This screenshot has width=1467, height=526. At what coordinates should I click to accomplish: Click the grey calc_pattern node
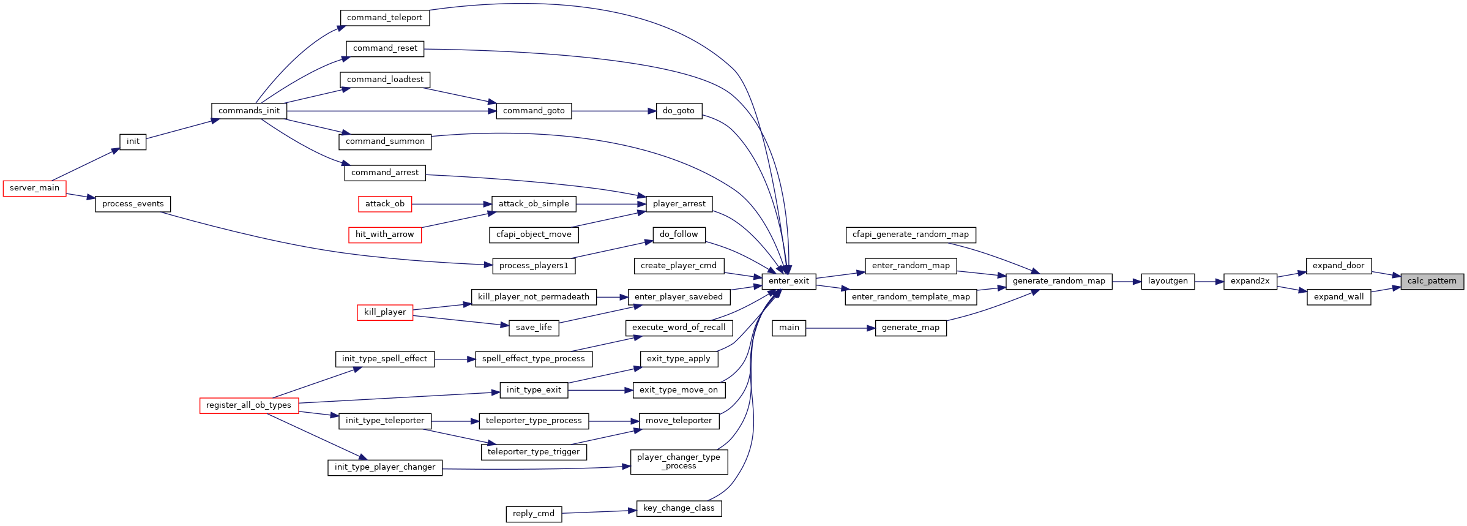(x=1432, y=281)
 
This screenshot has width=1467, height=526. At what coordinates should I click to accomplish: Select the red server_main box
(x=34, y=188)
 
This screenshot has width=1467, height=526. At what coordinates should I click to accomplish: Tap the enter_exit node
(x=788, y=281)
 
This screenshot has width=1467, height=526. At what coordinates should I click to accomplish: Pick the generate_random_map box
(x=1059, y=281)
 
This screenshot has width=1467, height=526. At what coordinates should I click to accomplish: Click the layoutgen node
(x=1168, y=281)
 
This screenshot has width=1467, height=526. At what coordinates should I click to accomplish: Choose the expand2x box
(x=1250, y=281)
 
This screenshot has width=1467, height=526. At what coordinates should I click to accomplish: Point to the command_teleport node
(x=384, y=18)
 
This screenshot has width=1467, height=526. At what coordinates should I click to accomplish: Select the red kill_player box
(x=385, y=312)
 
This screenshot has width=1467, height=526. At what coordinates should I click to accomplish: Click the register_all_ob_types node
(x=249, y=405)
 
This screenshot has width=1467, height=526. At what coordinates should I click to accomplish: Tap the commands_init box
(x=249, y=111)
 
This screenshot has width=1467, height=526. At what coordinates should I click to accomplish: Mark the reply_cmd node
(x=534, y=514)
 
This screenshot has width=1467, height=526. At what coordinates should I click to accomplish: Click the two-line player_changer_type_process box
(x=679, y=462)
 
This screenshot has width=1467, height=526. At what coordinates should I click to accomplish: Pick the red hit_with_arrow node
(x=385, y=235)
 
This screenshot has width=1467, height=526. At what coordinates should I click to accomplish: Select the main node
(x=789, y=328)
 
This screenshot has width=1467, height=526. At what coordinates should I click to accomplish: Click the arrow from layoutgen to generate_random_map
(x=1127, y=282)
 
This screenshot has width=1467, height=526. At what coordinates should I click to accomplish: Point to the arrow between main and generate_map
(x=840, y=328)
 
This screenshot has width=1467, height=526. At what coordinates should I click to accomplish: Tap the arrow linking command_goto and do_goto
(x=614, y=111)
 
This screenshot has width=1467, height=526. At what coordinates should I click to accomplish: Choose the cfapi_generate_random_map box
(x=911, y=235)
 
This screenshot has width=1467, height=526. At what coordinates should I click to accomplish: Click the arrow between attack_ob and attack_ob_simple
(x=452, y=204)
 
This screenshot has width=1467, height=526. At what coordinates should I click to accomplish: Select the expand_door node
(x=1338, y=266)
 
